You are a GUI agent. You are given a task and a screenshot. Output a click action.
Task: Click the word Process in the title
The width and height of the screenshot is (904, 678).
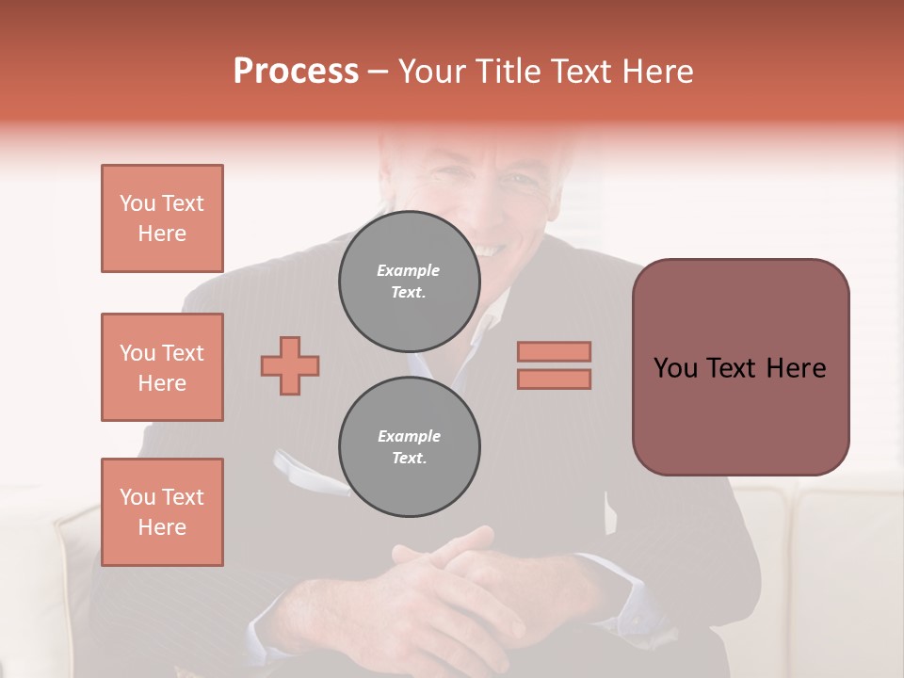[296, 72]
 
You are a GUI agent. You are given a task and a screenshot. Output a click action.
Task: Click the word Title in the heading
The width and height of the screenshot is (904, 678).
[508, 72]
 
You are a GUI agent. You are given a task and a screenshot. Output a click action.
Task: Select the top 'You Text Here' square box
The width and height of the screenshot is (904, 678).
[162, 218]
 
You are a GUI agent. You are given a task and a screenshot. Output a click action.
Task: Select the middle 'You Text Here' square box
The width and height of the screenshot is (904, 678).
[162, 367]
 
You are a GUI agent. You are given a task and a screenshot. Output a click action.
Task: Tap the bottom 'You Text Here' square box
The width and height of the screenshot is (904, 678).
[162, 512]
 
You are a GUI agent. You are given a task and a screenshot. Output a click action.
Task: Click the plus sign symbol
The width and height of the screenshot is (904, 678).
[290, 365]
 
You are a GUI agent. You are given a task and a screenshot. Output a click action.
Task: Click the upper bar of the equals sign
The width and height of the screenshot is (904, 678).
[554, 351]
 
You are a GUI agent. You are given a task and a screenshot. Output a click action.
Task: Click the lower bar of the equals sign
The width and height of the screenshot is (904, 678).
[554, 379]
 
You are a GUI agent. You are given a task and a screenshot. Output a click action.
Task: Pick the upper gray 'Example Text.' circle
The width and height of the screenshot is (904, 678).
[409, 282]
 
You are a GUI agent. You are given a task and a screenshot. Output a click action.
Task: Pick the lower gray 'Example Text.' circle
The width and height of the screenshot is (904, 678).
[409, 447]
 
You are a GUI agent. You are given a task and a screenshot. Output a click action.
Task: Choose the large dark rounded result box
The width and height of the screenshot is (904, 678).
[740, 367]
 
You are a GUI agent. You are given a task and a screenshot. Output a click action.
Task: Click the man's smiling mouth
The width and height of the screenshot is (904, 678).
[492, 249]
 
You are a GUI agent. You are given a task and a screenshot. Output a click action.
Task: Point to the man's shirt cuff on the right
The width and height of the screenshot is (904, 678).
[640, 603]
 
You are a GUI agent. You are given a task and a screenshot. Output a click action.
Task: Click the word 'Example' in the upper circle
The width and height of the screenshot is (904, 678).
[409, 270]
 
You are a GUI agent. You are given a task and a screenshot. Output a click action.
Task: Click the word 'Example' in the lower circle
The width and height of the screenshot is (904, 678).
[409, 436]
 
